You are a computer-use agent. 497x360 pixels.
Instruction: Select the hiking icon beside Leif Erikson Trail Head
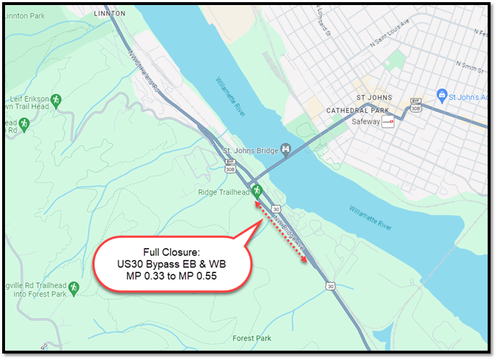(x=55, y=101)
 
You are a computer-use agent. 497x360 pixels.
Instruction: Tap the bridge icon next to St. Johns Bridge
(x=286, y=149)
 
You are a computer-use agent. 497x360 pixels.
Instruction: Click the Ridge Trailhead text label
(x=223, y=192)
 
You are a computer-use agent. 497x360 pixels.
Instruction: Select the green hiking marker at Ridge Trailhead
(x=256, y=191)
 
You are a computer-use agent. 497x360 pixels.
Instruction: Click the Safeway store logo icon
(x=388, y=121)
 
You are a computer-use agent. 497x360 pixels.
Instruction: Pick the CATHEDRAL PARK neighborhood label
(x=357, y=111)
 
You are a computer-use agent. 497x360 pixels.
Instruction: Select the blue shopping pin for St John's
(x=442, y=95)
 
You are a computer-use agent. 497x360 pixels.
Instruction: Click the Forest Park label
(x=251, y=338)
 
